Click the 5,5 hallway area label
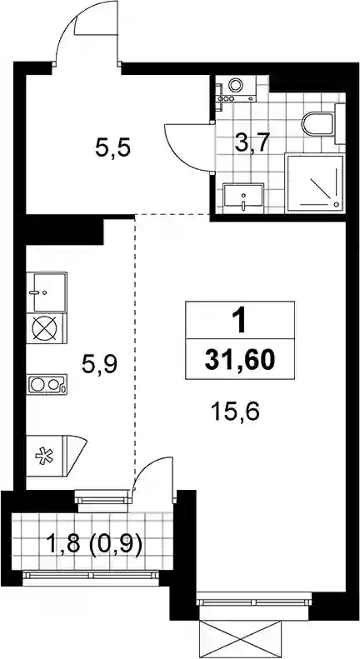(113, 148)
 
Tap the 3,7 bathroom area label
(252, 145)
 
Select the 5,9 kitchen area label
(99, 364)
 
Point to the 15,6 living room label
(236, 412)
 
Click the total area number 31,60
(240, 360)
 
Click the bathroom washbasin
(244, 197)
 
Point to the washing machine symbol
(236, 88)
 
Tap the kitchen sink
(47, 292)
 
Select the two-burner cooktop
(47, 384)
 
